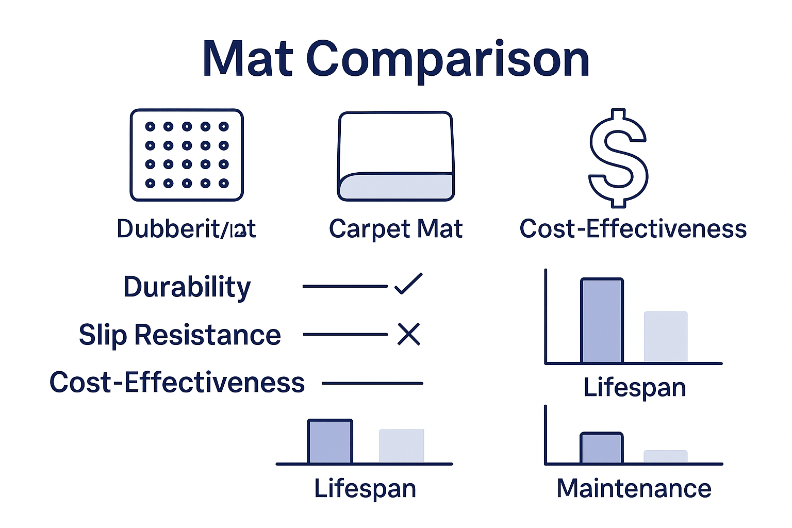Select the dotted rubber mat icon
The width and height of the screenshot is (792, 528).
tap(187, 155)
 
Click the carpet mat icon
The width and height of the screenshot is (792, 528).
tap(395, 156)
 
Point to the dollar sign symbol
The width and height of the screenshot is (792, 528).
tap(618, 157)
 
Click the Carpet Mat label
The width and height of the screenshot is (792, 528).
tap(395, 228)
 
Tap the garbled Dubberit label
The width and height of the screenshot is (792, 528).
tap(186, 228)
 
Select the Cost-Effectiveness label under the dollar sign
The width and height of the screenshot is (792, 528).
tap(633, 228)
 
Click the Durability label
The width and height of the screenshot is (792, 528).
tap(187, 287)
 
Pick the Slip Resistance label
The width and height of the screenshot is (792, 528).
tap(179, 335)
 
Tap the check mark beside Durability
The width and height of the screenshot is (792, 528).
tap(408, 284)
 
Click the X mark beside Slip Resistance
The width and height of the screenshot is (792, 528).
tap(409, 334)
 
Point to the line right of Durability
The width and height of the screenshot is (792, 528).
tap(345, 286)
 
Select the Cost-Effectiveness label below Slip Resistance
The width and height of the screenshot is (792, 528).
tap(177, 383)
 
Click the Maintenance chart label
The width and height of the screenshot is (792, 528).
tap(634, 488)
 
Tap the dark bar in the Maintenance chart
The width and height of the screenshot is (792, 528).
tap(602, 448)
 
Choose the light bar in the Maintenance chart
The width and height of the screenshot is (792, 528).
tap(665, 456)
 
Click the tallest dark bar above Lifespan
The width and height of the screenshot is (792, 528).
tap(602, 321)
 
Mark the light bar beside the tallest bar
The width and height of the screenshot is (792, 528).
tap(665, 337)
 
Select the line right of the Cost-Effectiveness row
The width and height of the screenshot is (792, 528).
tap(372, 383)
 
